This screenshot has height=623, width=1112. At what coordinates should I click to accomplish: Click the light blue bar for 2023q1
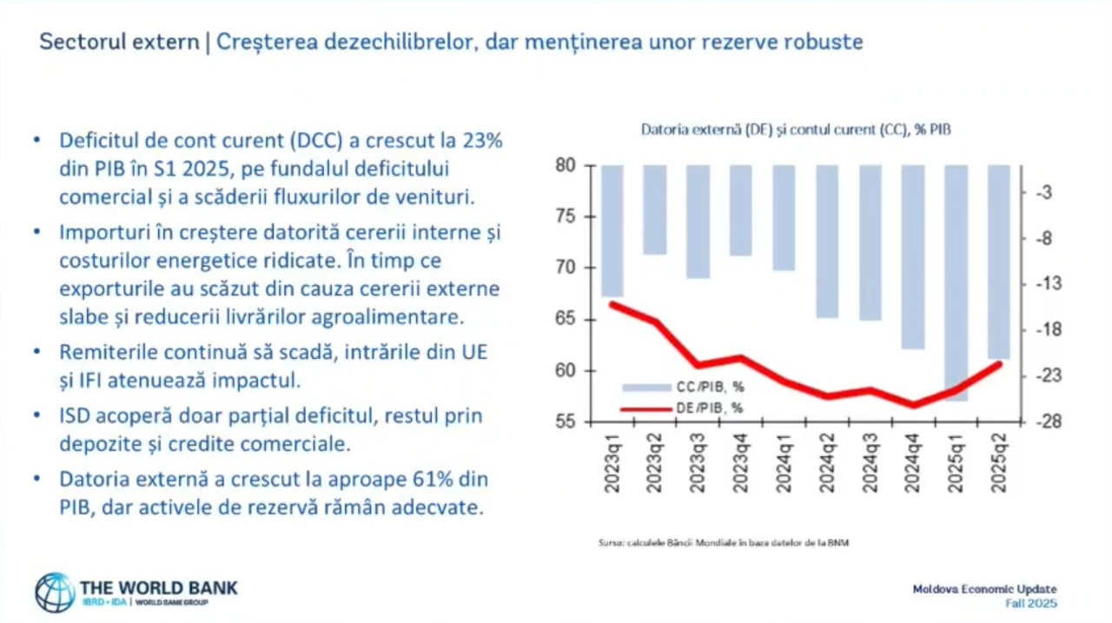click(612, 230)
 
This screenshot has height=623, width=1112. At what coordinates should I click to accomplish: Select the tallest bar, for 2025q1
click(956, 282)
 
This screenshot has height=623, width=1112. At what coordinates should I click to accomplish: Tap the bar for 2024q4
click(913, 256)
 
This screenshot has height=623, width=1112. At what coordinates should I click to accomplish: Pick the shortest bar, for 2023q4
click(741, 210)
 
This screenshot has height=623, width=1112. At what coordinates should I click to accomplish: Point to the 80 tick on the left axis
click(566, 165)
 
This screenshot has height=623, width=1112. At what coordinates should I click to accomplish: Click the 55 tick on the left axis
click(566, 422)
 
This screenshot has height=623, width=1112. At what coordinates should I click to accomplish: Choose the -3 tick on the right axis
click(1044, 192)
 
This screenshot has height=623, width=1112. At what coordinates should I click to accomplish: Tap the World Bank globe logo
click(55, 593)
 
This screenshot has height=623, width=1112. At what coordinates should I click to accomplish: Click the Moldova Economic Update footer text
click(984, 589)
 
